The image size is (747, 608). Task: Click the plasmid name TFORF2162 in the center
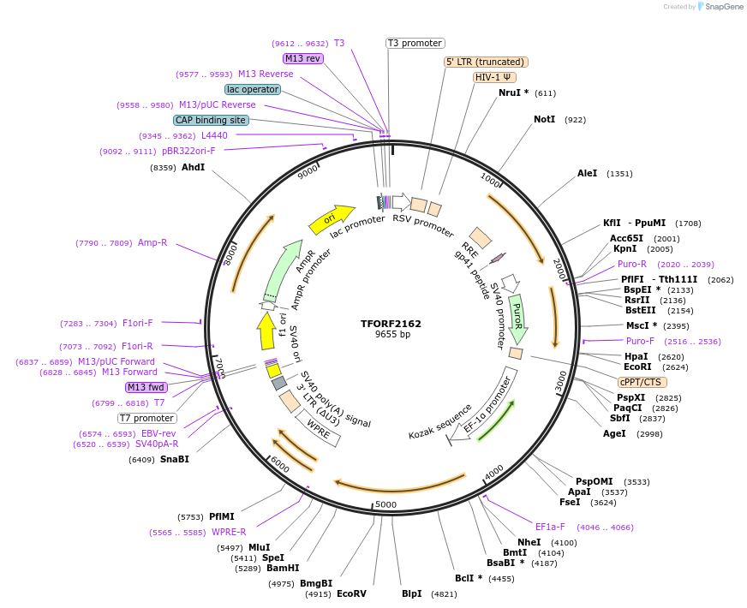(391, 324)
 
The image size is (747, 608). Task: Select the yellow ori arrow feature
(332, 218)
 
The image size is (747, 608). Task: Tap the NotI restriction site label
(544, 119)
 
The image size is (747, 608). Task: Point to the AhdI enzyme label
(193, 167)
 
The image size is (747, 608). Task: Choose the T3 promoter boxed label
(415, 43)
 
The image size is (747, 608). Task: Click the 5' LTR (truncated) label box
(486, 62)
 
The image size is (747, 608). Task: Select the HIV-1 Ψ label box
(494, 77)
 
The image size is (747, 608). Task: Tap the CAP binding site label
(211, 120)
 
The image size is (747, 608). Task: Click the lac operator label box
(253, 89)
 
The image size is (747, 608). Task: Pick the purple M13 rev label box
(302, 58)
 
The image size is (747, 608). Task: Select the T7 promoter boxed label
(146, 418)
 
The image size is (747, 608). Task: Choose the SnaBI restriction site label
(174, 459)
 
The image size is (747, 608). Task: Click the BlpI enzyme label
(411, 593)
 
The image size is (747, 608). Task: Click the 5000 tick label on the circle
(385, 504)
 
